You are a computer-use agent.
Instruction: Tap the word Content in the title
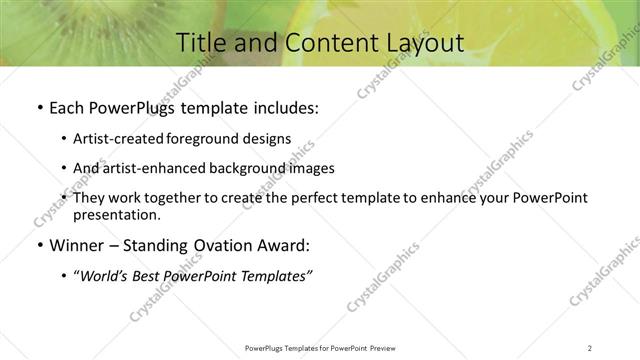318,43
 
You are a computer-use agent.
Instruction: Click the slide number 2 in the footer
590,347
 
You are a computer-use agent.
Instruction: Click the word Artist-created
116,138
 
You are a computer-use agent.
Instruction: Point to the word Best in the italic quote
151,275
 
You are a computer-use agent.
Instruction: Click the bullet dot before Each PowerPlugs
38,108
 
